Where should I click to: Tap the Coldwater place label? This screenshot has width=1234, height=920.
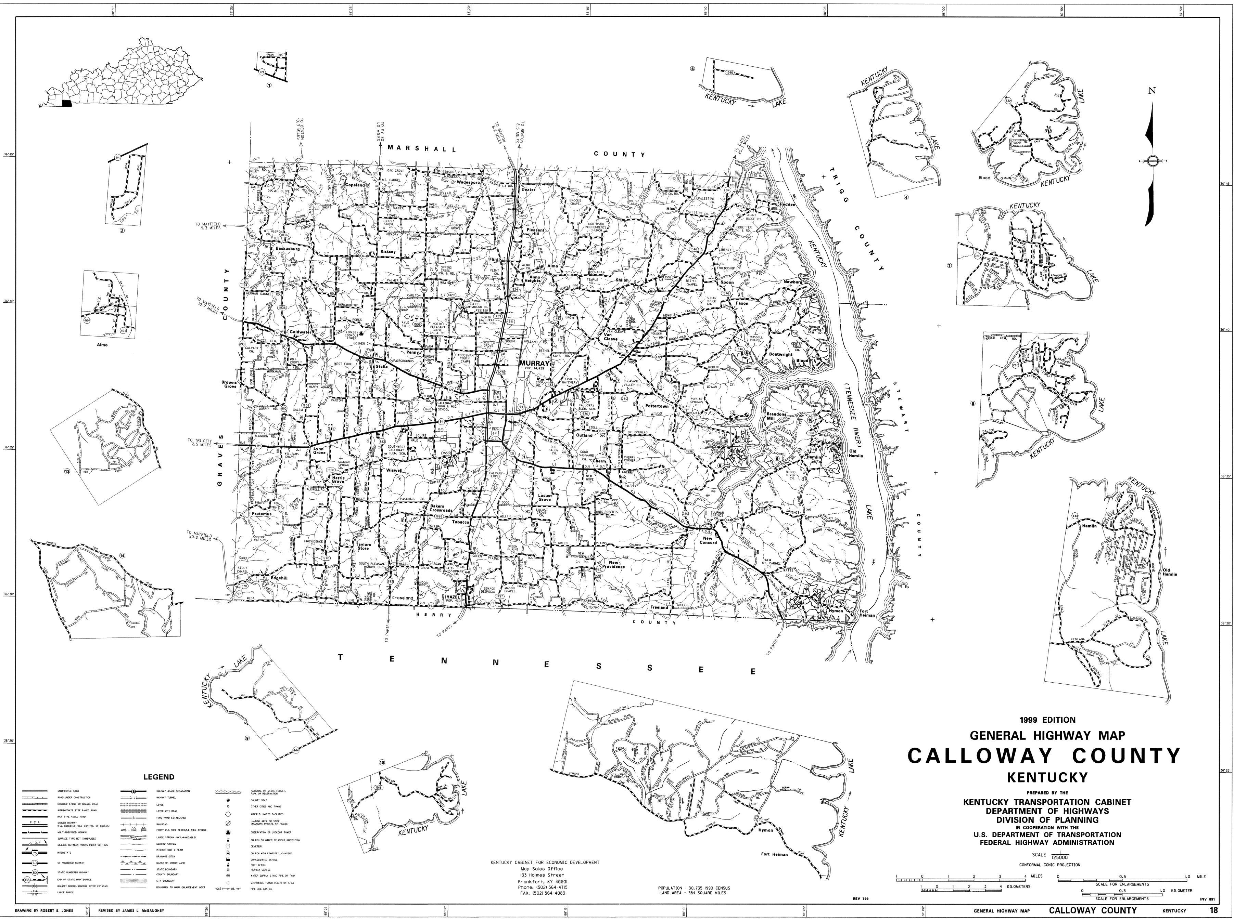(x=301, y=332)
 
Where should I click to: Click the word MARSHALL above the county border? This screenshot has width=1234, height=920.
(x=422, y=149)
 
